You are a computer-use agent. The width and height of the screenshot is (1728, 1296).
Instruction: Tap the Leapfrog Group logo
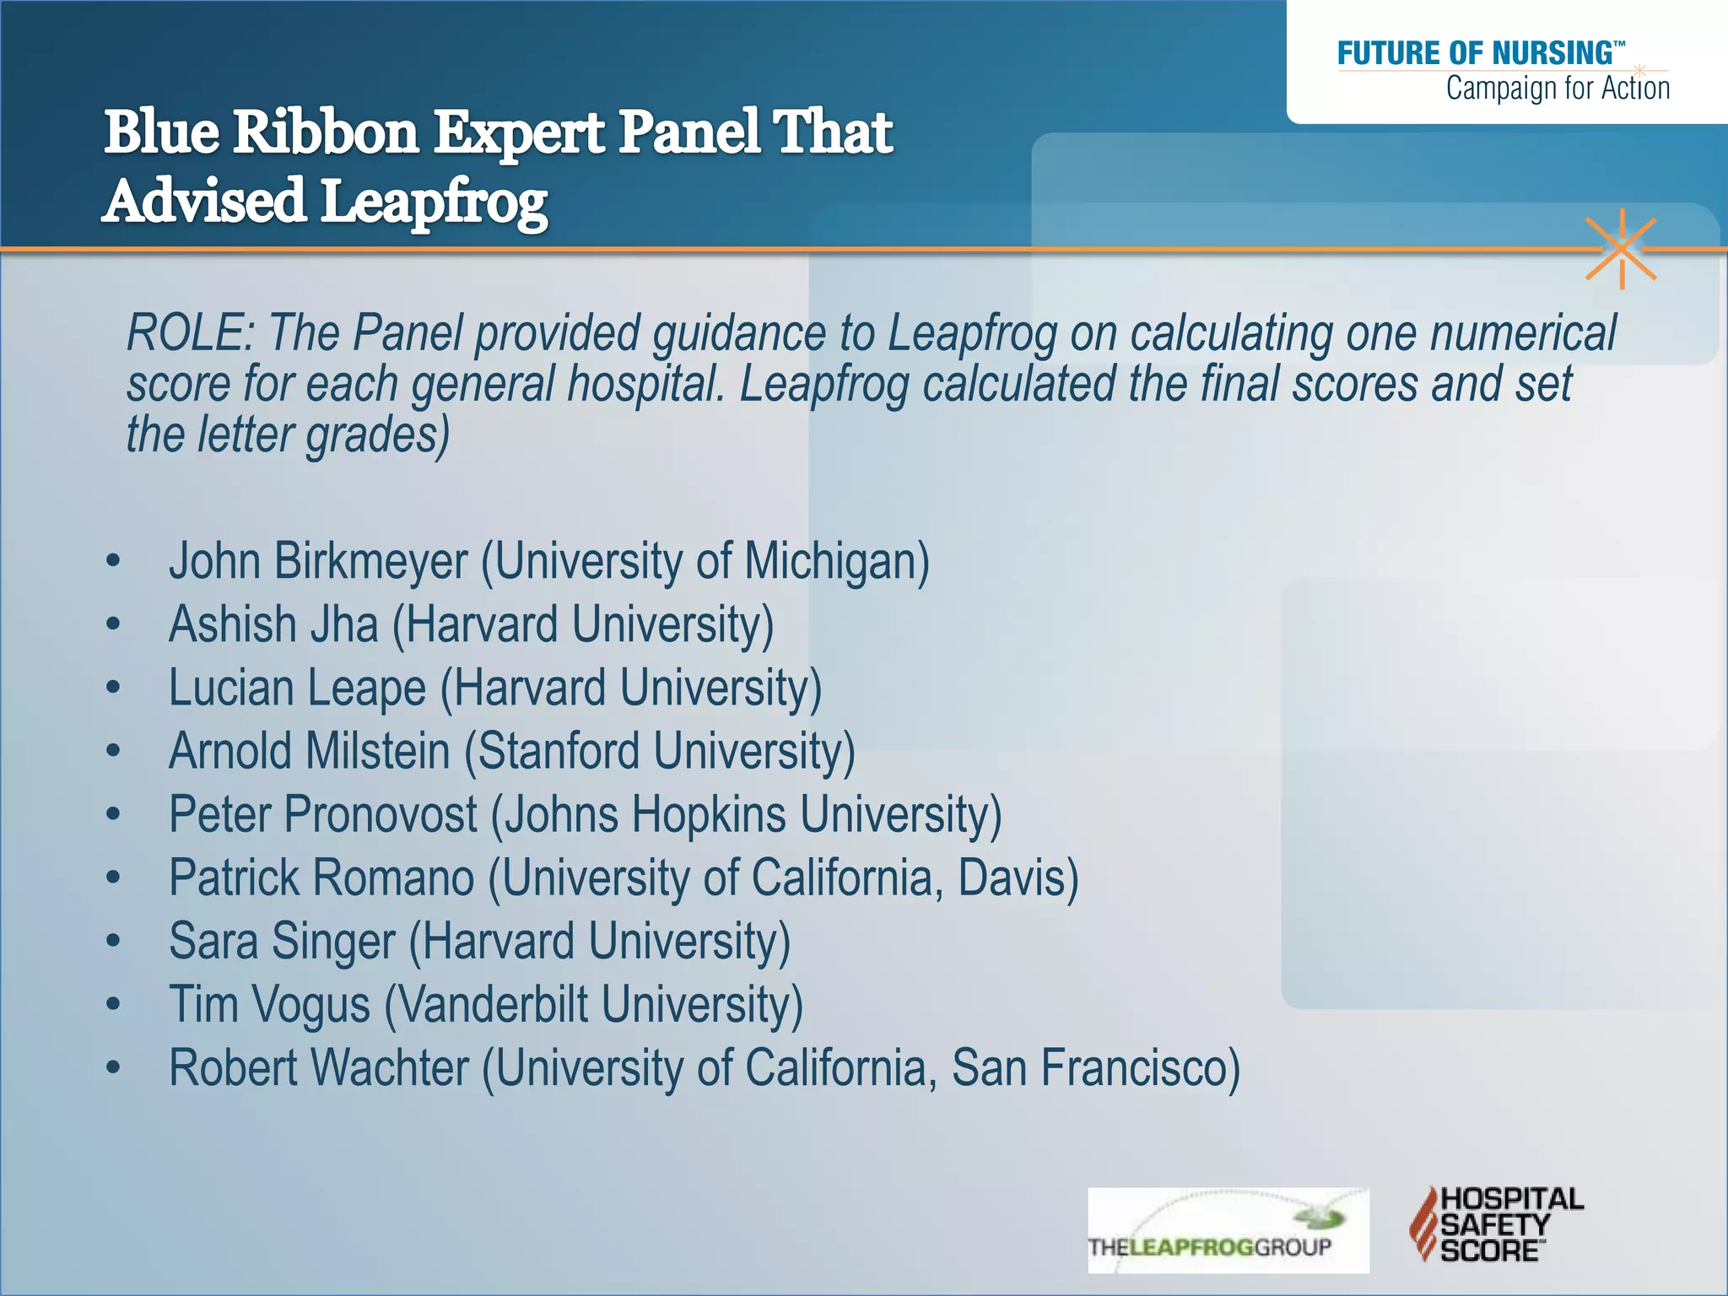coord(1228,1230)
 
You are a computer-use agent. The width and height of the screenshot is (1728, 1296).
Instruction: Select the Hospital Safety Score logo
coord(1496,1224)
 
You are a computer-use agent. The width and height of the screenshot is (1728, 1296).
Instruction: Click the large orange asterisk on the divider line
coord(1621,249)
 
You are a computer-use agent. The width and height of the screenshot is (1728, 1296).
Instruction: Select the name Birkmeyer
coord(370,562)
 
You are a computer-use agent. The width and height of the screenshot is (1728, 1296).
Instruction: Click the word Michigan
coord(836,562)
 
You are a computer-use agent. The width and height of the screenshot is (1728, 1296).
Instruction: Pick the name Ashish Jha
coord(273,625)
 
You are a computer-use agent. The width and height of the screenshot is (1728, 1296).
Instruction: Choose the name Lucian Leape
coord(297,688)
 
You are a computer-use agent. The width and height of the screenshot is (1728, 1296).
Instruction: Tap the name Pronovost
coord(381,815)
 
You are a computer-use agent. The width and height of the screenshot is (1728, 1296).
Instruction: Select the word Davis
coord(1017,878)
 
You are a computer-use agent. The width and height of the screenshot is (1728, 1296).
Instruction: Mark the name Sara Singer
coord(282,942)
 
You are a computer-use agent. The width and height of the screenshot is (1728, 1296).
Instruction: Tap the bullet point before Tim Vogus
coord(114,1005)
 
